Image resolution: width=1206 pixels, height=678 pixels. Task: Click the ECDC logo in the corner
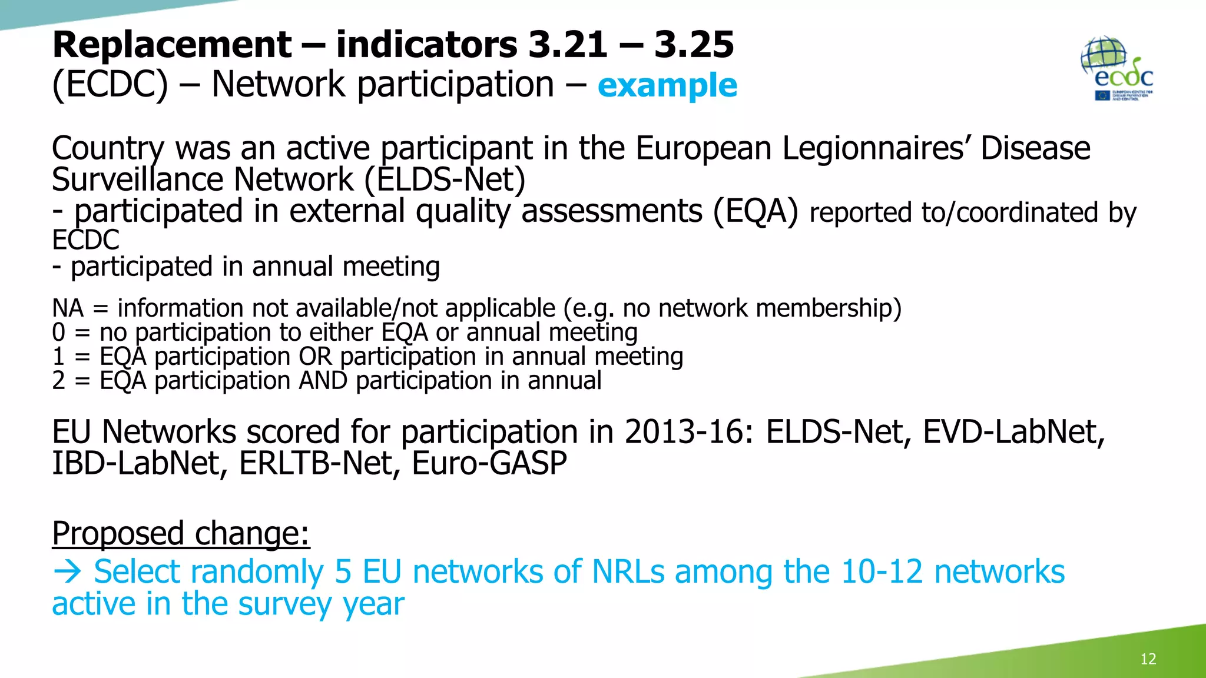point(1117,69)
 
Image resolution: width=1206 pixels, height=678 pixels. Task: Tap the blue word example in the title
point(667,85)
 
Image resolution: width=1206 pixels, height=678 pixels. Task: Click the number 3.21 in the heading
point(568,45)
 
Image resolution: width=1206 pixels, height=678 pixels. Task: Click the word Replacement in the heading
point(171,45)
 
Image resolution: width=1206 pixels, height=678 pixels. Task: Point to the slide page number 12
point(1148,659)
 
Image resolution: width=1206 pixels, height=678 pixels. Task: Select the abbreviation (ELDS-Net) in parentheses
point(445,180)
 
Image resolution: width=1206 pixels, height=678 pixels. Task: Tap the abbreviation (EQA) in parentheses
point(756,211)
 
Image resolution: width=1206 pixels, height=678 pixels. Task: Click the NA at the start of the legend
point(68,308)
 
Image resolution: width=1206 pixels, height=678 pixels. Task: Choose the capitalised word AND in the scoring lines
point(323,381)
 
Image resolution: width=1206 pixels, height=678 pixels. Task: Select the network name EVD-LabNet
point(1013,433)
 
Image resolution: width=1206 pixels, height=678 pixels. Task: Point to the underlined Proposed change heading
point(181,534)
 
